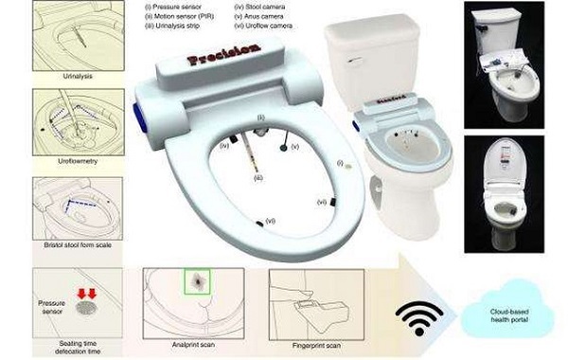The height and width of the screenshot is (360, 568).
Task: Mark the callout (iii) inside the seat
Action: [x=257, y=177]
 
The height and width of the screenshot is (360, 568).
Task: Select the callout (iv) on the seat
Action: [x=224, y=146]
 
